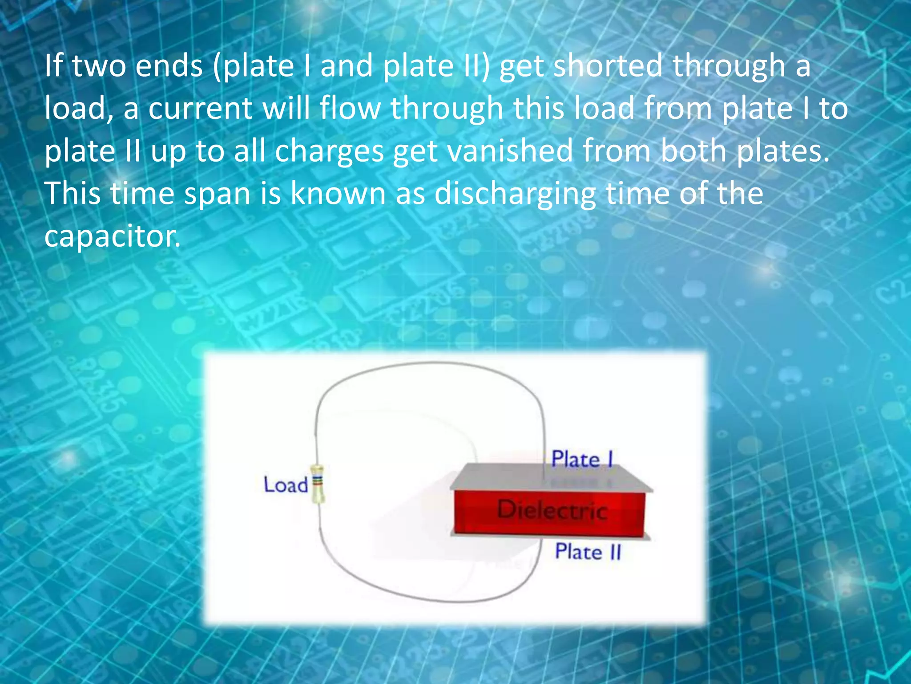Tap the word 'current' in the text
coord(200,109)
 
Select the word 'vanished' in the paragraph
coord(510,151)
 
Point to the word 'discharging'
coord(515,194)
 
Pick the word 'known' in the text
coord(338,194)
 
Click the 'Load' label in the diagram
coord(285,485)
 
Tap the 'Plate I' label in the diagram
coord(582,460)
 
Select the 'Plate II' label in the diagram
coord(587,552)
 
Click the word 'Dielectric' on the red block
coord(552,510)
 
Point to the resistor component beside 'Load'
coord(318,484)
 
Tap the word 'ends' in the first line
coord(169,66)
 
